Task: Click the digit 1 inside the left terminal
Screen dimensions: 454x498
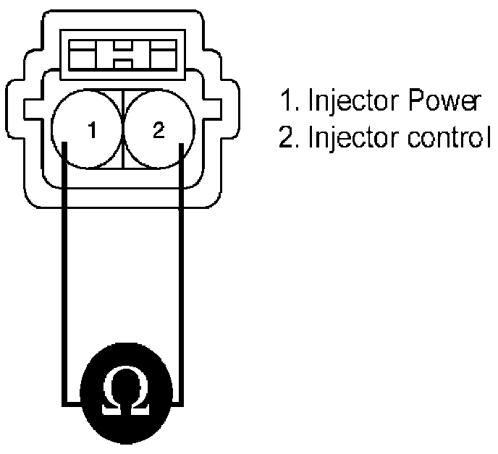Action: click(x=92, y=131)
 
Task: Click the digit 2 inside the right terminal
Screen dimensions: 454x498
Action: click(x=159, y=131)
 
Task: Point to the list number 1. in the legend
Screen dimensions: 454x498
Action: click(x=288, y=102)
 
